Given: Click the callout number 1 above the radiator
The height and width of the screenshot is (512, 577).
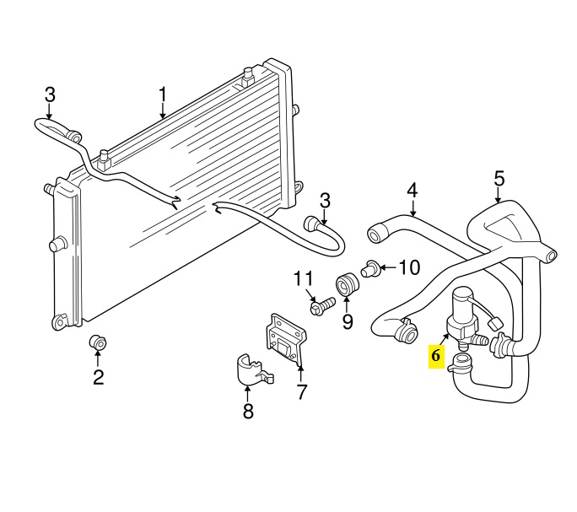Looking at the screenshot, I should point(164,94).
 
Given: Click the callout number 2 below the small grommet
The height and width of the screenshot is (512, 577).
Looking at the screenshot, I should point(98,377).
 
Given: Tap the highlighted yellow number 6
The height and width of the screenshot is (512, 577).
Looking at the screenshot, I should point(436,356).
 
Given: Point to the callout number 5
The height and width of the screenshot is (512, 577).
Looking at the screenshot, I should point(499,179).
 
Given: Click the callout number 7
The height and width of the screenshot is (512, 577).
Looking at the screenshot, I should point(301,391).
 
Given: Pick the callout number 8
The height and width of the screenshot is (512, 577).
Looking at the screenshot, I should point(248,412).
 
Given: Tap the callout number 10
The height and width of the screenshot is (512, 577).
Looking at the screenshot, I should point(408,268).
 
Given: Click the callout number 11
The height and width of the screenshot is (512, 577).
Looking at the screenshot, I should point(303,279).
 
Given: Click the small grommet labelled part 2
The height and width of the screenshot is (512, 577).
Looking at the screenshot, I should point(97,342).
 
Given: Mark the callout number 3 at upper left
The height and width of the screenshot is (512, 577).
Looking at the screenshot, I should point(50,94).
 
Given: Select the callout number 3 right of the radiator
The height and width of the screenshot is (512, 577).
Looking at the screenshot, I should point(324,200).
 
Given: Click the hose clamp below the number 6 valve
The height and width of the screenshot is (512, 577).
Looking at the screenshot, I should point(462,364).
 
